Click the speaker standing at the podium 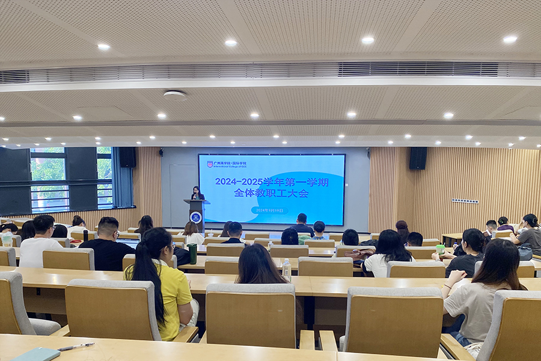[197, 193]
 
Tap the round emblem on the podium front [196, 217]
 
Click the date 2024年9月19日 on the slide [269, 210]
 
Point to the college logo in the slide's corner [210, 164]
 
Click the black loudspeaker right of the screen [418, 158]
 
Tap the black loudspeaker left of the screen [127, 157]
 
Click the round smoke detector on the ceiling [174, 94]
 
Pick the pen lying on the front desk [76, 347]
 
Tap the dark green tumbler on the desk [192, 253]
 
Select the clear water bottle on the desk [287, 270]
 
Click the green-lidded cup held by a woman [441, 248]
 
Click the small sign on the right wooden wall [465, 201]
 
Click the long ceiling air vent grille [270, 71]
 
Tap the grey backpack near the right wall [525, 252]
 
